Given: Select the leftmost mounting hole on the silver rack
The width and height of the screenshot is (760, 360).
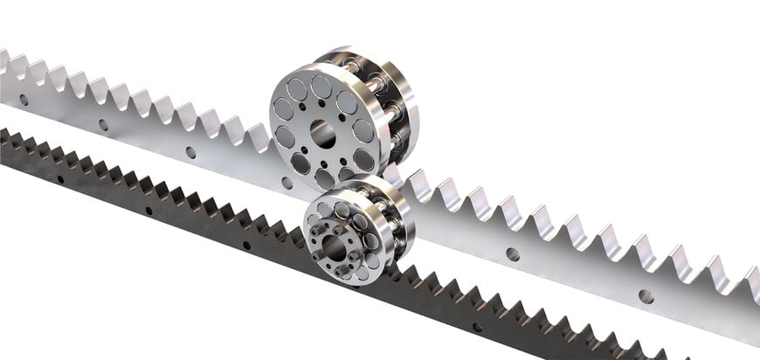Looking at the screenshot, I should (x=24, y=100).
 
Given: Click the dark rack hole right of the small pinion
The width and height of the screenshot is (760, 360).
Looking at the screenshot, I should (x=476, y=327).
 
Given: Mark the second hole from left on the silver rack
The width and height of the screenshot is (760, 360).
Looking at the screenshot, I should (x=103, y=124).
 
